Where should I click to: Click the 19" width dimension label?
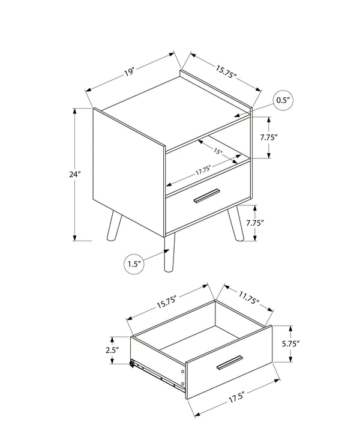(129, 73)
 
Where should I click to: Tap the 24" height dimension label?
(74, 175)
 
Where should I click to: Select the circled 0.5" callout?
(283, 100)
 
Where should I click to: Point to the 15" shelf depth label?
(217, 152)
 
